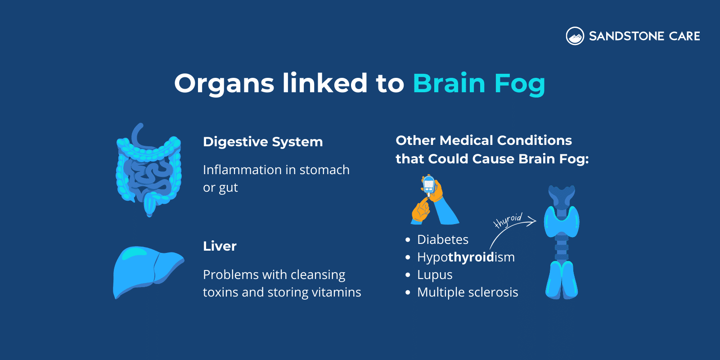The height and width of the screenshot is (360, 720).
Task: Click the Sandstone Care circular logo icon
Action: [575, 36]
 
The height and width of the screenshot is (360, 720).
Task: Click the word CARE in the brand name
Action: [684, 36]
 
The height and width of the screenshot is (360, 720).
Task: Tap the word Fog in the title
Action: [519, 84]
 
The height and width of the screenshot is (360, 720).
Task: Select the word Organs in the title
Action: [224, 84]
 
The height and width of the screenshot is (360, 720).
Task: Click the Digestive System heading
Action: [263, 142]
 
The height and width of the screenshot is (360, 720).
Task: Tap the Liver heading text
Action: [220, 246]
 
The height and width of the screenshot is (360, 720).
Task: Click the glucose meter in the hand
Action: [429, 185]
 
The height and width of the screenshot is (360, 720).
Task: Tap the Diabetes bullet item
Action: [442, 239]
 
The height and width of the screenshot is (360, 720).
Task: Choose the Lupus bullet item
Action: [434, 274]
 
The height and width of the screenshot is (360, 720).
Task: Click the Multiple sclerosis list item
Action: [467, 292]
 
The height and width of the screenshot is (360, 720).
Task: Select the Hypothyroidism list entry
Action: [465, 257]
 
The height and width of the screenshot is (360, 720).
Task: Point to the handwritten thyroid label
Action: [508, 220]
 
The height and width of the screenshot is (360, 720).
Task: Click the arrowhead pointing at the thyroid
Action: [533, 220]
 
